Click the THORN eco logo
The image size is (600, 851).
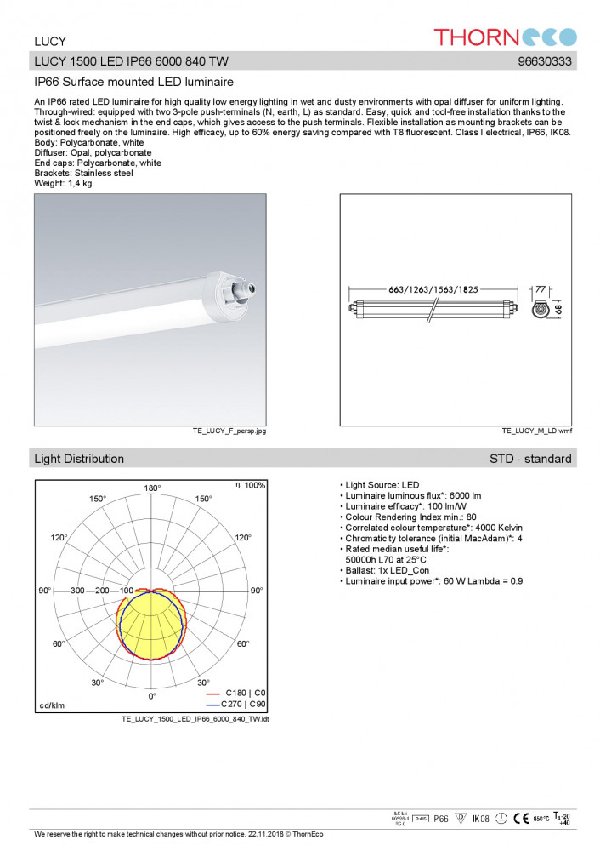coord(505,37)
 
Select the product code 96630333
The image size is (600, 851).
coord(544,61)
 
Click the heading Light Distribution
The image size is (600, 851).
coord(79,459)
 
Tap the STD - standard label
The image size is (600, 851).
coord(530,459)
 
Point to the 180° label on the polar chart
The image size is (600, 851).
coord(152,488)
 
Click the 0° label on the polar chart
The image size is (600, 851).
coord(152,695)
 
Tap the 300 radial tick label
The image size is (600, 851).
coord(77,591)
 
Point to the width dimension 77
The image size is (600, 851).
coord(540,289)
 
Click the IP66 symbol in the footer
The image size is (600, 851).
coord(439,819)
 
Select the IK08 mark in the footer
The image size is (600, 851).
coord(481,819)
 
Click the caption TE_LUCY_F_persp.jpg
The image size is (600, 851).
coord(229,431)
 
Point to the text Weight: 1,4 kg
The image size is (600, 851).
coord(63,183)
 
